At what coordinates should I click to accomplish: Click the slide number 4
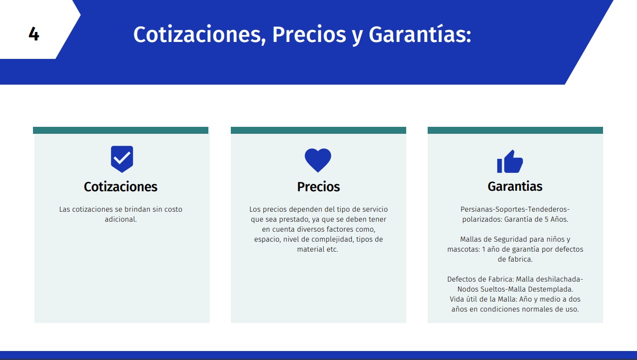(x=34, y=34)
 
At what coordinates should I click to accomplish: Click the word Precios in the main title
(x=309, y=34)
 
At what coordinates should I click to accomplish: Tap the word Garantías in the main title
(x=420, y=34)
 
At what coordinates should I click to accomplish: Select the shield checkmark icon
(x=122, y=159)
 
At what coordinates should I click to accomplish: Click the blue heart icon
(x=318, y=160)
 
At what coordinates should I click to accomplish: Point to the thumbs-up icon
(x=510, y=161)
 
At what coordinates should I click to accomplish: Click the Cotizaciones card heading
(x=120, y=187)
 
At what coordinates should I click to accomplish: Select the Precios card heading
(x=319, y=187)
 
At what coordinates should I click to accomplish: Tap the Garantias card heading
(x=515, y=186)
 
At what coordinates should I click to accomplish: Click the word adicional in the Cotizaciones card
(x=121, y=219)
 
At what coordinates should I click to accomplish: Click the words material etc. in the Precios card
(x=318, y=249)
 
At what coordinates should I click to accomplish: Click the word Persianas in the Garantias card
(x=477, y=209)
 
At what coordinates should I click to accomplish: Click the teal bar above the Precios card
(x=319, y=130)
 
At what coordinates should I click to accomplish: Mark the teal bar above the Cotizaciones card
(x=120, y=130)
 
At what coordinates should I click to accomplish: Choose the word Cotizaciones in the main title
(x=199, y=34)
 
